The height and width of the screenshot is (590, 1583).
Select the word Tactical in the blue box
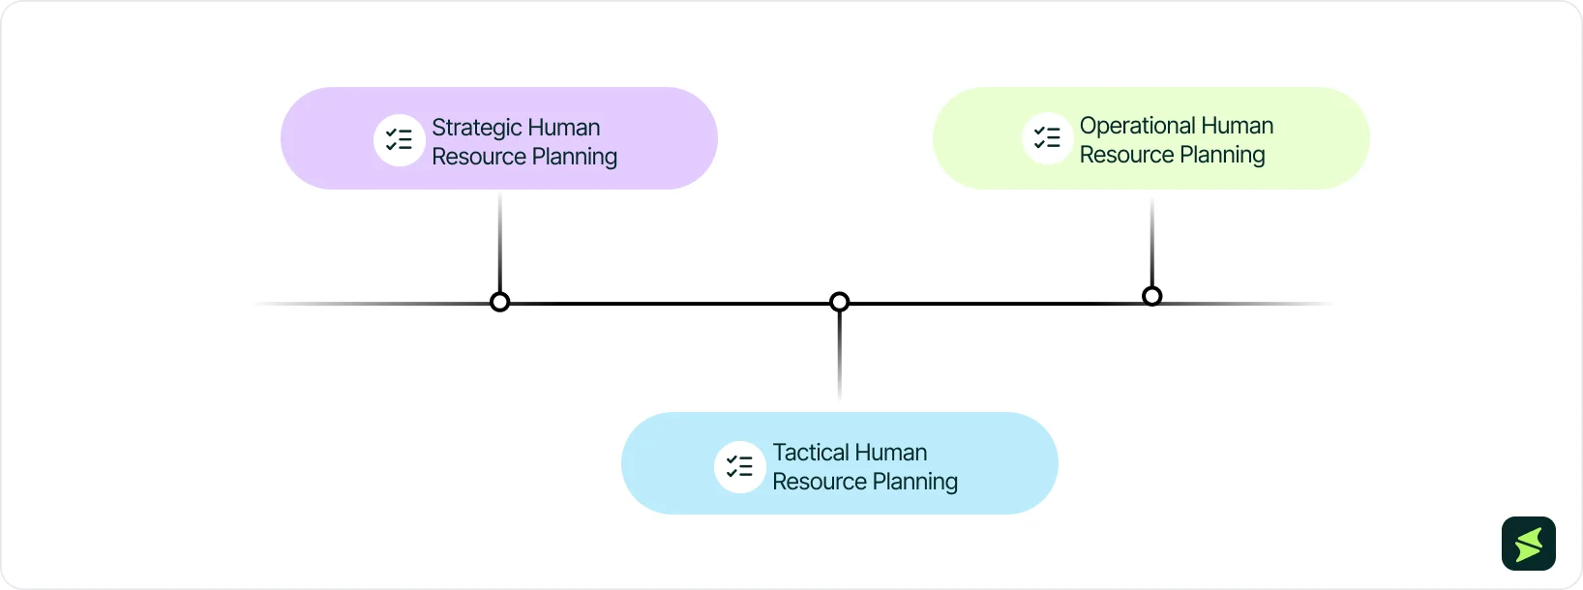[x=810, y=453]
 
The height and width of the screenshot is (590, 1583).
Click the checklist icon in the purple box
[x=400, y=140]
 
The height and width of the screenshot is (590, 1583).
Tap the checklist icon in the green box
[x=1047, y=138]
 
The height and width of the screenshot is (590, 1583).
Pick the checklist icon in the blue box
[x=739, y=467]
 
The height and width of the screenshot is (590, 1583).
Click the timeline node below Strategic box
[x=499, y=302]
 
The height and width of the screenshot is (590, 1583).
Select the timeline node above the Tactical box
[x=840, y=302]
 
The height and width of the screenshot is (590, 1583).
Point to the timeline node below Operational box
[x=1151, y=296]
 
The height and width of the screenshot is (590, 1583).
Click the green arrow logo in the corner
[x=1529, y=544]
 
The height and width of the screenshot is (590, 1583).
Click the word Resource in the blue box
[x=819, y=482]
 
